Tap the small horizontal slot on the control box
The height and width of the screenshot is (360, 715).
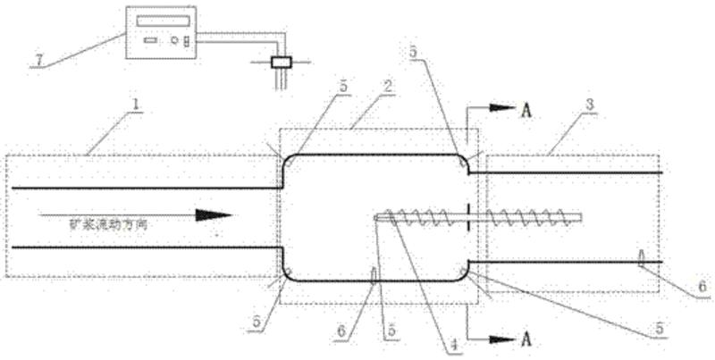(147, 41)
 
